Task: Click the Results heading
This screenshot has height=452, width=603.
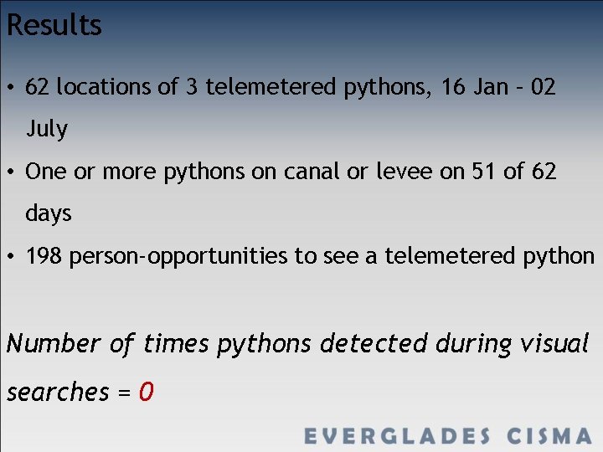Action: (x=54, y=25)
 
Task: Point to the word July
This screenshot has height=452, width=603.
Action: (x=46, y=129)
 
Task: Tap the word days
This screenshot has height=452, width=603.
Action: (x=49, y=213)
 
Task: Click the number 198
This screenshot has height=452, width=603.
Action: (x=44, y=256)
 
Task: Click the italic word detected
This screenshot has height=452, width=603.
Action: (x=374, y=343)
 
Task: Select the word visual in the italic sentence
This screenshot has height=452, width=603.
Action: (x=554, y=343)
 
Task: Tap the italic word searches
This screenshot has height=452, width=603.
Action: (x=58, y=392)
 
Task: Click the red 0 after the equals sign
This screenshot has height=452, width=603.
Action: (x=146, y=391)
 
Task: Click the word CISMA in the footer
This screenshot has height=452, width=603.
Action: (x=549, y=436)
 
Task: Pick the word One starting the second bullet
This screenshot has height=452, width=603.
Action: (x=44, y=172)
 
